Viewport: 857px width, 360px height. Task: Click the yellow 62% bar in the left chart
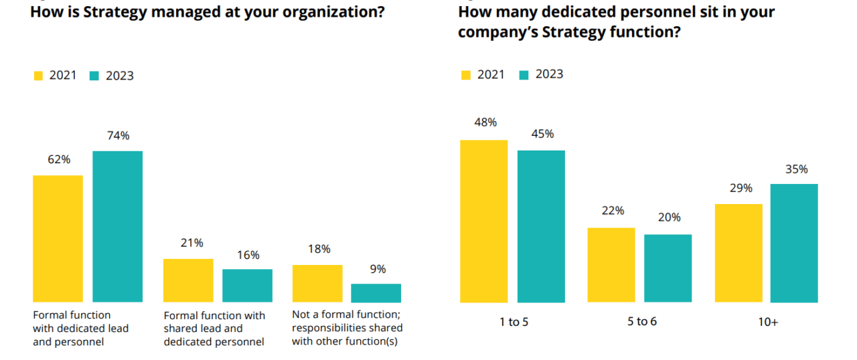pos(58,238)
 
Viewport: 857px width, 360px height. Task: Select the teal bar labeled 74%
pos(117,226)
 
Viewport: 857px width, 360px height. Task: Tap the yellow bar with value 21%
pos(188,280)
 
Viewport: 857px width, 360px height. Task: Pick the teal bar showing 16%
pos(247,285)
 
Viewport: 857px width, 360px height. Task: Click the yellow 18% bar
pos(317,283)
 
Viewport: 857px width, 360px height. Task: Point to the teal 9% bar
pos(376,292)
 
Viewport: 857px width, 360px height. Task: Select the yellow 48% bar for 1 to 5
pos(484,221)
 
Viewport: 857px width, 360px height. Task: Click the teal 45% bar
pos(541,226)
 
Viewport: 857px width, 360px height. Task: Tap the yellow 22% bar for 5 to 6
pos(611,265)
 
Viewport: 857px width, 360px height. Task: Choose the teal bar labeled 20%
pos(668,268)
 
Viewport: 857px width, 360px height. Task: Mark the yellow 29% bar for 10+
pos(738,253)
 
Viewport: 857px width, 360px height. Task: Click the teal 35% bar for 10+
pos(794,243)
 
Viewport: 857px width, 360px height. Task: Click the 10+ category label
pos(767,322)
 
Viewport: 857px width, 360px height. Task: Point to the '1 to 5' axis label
pos(514,322)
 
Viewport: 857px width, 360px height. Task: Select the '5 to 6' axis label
pos(641,322)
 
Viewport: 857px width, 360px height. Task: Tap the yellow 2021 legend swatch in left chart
pos(38,76)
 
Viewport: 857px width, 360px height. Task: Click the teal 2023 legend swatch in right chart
pos(524,74)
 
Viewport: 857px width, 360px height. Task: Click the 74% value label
pos(118,136)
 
